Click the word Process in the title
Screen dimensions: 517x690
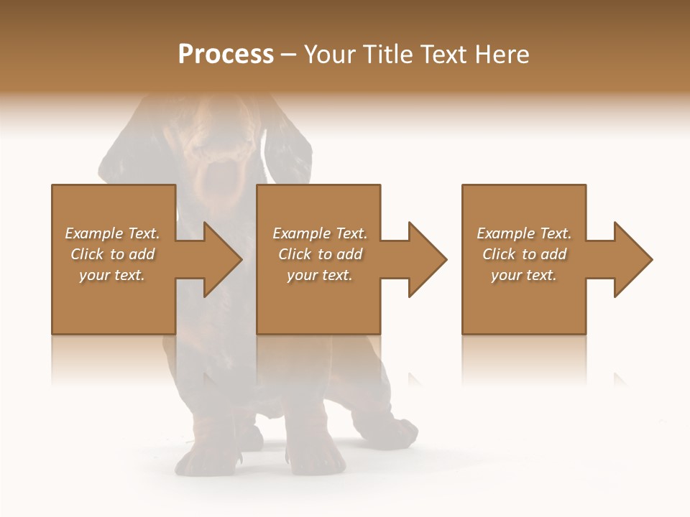click(226, 55)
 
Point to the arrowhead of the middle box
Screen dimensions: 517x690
click(426, 259)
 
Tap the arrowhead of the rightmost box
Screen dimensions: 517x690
click(632, 259)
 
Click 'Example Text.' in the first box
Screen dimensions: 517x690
click(112, 233)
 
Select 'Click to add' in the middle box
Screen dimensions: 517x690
click(320, 254)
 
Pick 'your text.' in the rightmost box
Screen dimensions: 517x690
click(524, 275)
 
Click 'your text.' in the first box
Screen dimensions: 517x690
click(112, 275)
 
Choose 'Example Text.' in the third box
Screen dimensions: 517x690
click(524, 233)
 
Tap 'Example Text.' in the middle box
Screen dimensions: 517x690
click(320, 233)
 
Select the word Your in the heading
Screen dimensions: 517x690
click(330, 55)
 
